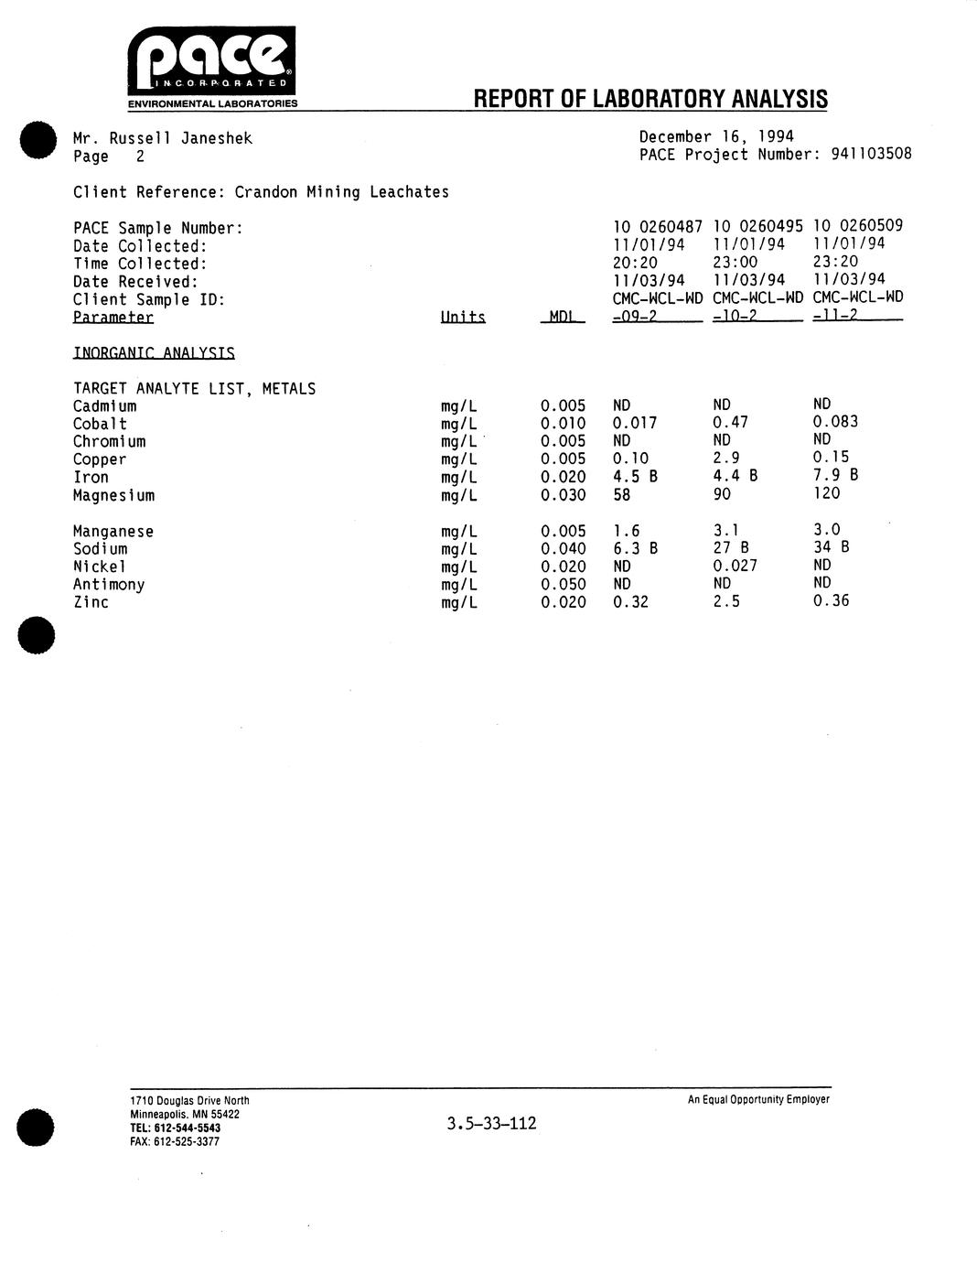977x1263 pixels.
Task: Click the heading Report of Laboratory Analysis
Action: [650, 99]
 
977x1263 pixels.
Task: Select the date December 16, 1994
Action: [715, 137]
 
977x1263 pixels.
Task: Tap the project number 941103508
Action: [871, 155]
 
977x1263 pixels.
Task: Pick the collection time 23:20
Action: [834, 262]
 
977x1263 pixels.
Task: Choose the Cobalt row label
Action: [100, 424]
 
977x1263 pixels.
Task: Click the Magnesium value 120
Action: [826, 493]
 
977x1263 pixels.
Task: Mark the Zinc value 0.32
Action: [630, 601]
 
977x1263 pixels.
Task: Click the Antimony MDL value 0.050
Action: [563, 584]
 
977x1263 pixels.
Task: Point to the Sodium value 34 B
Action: [831, 547]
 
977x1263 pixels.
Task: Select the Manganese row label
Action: [113, 531]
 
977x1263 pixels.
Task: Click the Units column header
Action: [462, 318]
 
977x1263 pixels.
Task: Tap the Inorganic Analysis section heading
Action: [154, 352]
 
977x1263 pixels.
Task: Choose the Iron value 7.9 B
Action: [835, 475]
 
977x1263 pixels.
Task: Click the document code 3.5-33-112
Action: [491, 1123]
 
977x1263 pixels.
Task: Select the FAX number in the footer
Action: [175, 1141]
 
